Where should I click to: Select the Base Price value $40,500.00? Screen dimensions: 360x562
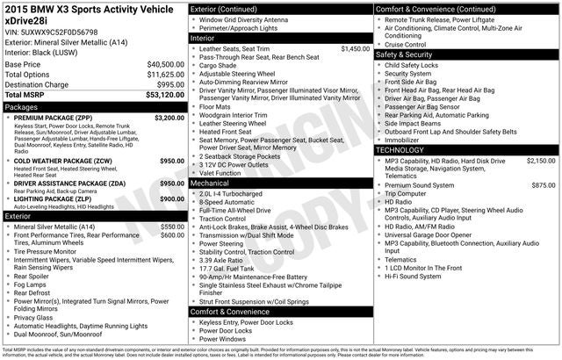(x=166, y=65)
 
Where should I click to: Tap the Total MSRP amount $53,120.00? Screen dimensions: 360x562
(x=164, y=95)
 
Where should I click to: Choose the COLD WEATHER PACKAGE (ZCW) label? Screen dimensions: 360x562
(x=61, y=162)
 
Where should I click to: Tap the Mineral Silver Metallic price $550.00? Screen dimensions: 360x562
(x=172, y=227)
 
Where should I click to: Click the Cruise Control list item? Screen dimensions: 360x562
(x=405, y=43)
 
